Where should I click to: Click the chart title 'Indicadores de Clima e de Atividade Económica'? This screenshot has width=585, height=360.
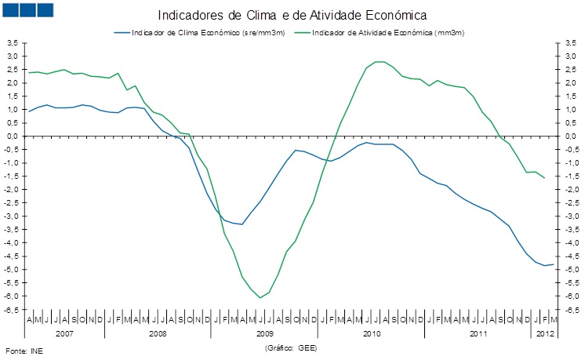coord(293,15)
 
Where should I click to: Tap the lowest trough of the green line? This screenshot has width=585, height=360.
coord(260,297)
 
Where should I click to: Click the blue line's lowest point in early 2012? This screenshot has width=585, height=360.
coord(546,266)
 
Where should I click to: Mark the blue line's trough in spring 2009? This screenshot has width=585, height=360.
coord(242,224)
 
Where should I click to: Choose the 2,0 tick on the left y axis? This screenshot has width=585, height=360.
coord(12,82)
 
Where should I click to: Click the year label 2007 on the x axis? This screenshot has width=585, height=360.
coord(64,333)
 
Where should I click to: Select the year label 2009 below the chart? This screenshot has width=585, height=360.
coord(264,333)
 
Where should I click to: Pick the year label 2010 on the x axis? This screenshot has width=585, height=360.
coord(371,333)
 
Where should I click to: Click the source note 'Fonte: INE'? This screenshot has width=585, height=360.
coord(23,351)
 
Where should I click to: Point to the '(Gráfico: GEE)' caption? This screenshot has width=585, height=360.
coord(291,346)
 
